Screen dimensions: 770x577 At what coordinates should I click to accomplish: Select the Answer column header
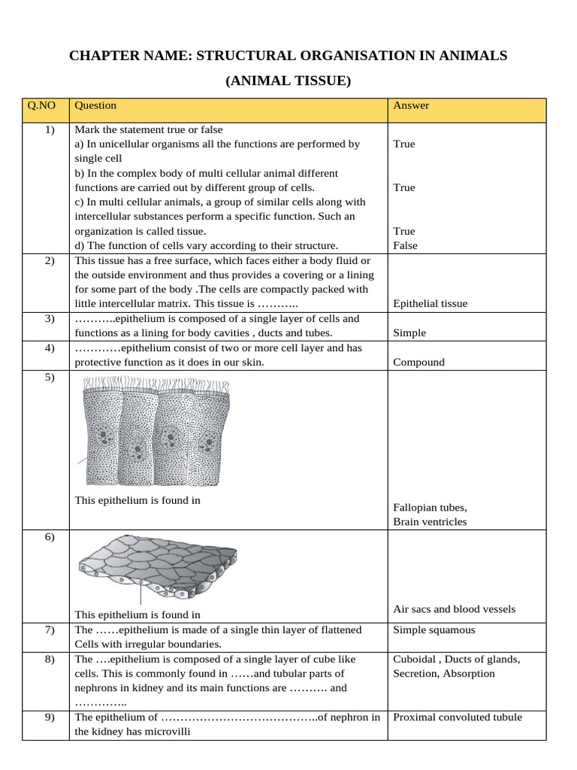411,106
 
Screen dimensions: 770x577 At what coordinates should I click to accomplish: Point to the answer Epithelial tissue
430,304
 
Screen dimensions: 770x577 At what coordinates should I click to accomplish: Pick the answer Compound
418,362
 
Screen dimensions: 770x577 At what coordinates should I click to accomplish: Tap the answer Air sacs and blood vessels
454,609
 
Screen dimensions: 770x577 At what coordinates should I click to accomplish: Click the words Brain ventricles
430,522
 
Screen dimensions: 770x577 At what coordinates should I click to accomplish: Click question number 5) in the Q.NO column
50,377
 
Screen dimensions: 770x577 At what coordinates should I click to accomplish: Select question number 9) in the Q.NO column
50,717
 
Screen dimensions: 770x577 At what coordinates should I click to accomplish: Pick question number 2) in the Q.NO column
50,260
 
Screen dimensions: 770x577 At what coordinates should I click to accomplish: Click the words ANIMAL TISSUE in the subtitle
288,80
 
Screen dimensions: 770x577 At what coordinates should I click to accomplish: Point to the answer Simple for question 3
409,333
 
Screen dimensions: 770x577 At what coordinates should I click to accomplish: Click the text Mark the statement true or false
149,129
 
